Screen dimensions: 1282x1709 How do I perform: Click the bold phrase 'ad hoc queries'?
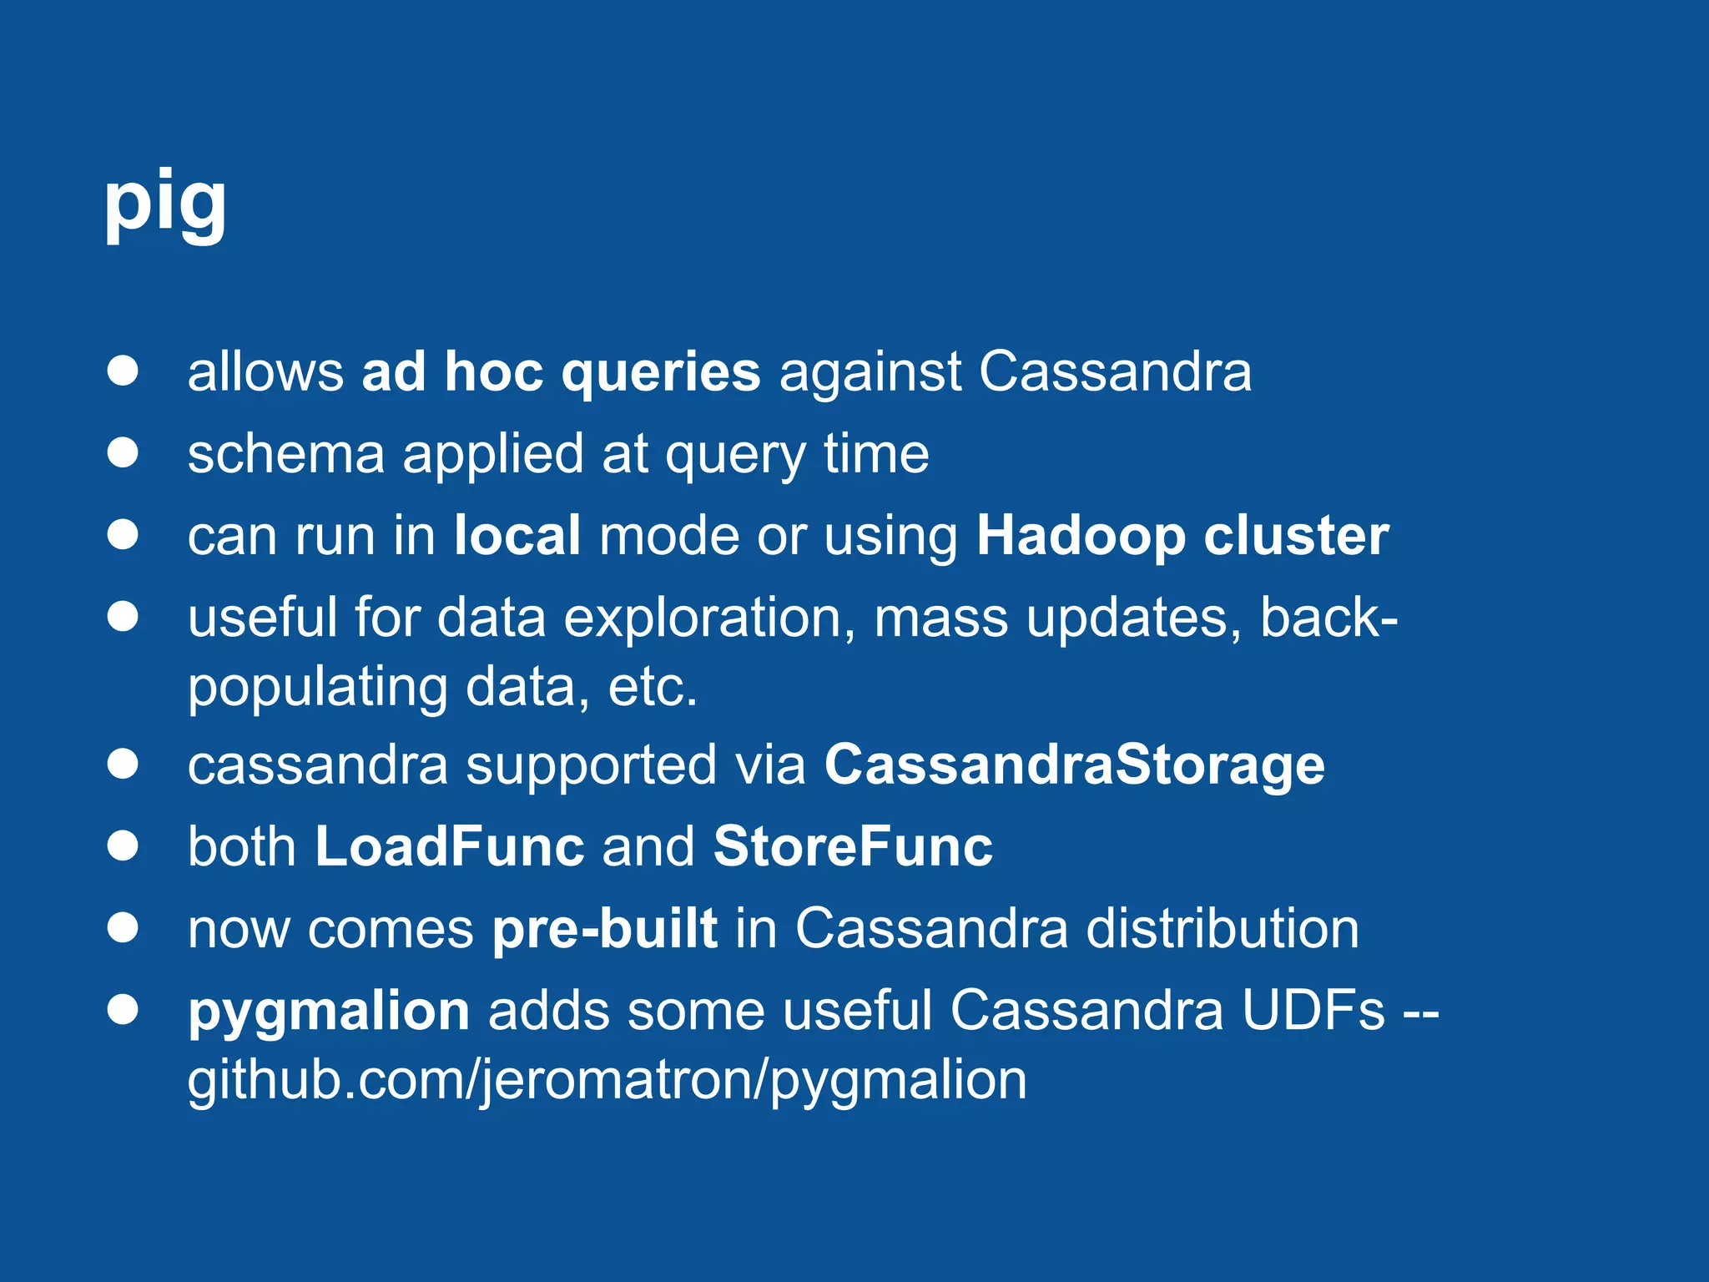point(561,371)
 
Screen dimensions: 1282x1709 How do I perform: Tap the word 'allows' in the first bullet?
point(265,371)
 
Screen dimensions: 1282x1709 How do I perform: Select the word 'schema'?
point(285,454)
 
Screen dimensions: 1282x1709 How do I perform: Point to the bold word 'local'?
point(517,536)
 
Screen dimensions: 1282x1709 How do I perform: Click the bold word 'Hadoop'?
point(1081,536)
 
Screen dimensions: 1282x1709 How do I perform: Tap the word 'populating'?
point(318,688)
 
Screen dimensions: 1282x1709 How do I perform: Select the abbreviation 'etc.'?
point(653,688)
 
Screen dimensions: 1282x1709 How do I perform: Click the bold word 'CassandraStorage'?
point(1075,765)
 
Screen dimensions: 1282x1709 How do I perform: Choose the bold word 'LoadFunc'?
point(450,846)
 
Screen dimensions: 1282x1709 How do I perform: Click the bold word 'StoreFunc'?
point(853,846)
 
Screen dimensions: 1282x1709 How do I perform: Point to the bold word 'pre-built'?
point(604,928)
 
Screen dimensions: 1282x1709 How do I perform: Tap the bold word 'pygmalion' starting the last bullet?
point(329,1011)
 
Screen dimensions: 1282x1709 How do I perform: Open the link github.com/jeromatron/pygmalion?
point(607,1080)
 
